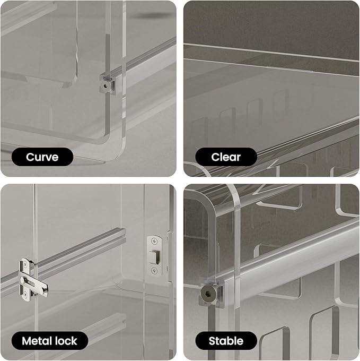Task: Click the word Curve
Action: pos(42,157)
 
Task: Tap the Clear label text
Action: pos(226,157)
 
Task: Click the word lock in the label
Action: pos(66,341)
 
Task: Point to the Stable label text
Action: pos(226,341)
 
